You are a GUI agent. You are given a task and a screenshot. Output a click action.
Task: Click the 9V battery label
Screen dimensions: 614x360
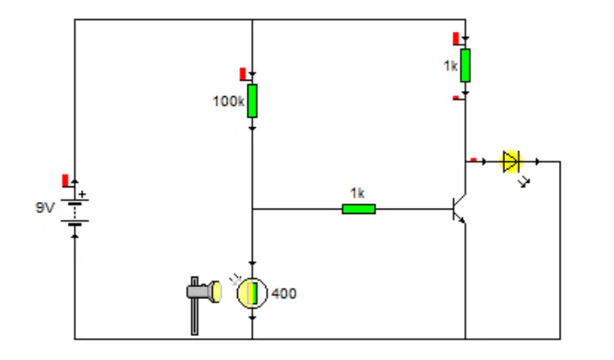(x=45, y=207)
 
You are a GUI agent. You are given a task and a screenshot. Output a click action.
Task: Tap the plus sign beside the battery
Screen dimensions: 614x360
(x=82, y=194)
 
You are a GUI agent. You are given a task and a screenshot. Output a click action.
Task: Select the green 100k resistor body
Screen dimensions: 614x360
(x=252, y=101)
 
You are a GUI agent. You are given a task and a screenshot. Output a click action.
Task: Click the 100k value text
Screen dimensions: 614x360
(x=228, y=101)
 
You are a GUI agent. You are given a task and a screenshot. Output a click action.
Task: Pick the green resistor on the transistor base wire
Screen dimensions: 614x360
(x=359, y=209)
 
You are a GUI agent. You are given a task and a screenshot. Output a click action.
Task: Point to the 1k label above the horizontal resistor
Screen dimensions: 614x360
(x=357, y=193)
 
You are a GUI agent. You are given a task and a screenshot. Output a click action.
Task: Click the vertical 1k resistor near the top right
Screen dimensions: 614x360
(x=465, y=65)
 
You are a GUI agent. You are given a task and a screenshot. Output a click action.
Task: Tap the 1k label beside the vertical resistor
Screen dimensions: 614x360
(x=451, y=66)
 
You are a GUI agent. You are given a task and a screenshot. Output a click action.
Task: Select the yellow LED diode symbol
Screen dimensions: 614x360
(x=511, y=162)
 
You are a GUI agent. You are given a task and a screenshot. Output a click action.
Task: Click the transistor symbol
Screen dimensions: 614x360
(x=459, y=209)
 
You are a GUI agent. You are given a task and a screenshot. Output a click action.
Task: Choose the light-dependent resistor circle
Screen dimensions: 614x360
(x=252, y=293)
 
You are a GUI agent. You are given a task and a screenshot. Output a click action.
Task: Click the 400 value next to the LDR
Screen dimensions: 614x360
(x=284, y=294)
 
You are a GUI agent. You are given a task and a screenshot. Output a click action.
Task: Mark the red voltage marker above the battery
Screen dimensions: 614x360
(x=66, y=181)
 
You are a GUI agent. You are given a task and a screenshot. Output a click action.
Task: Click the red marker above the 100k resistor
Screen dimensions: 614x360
(x=243, y=74)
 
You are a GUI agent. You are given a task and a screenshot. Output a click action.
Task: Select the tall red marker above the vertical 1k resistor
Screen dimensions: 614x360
(x=456, y=39)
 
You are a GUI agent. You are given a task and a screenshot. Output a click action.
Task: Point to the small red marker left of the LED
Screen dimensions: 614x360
(x=473, y=160)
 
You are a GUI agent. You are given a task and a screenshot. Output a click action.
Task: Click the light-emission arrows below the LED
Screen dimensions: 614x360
(x=524, y=182)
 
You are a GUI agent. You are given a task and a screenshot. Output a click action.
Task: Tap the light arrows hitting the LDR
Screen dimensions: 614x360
(x=235, y=279)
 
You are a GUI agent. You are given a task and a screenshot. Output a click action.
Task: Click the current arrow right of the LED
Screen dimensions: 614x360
(x=538, y=162)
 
